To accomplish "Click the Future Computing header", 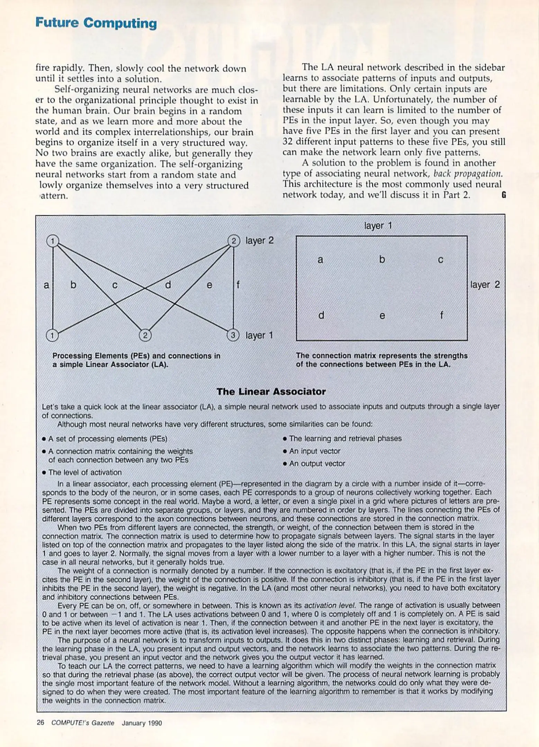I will [96, 23].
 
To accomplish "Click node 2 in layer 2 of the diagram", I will [234, 241].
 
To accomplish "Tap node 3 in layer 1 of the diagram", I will [233, 335].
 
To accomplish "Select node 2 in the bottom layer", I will [145, 335].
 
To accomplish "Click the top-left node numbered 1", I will [53, 241].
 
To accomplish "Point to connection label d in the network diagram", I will [168, 285].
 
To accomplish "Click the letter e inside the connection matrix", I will [382, 316].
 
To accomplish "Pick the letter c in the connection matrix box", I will [440, 260].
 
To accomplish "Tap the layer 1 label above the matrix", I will [378, 226].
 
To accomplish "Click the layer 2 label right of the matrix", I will [485, 285].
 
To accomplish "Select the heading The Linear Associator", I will [271, 391].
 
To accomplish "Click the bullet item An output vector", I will [317, 463].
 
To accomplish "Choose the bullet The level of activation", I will [85, 472].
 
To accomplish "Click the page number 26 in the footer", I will [41, 723].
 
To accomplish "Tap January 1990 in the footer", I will [142, 723].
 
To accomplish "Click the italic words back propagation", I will [468, 174].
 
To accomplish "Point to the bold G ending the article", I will [504, 195].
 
